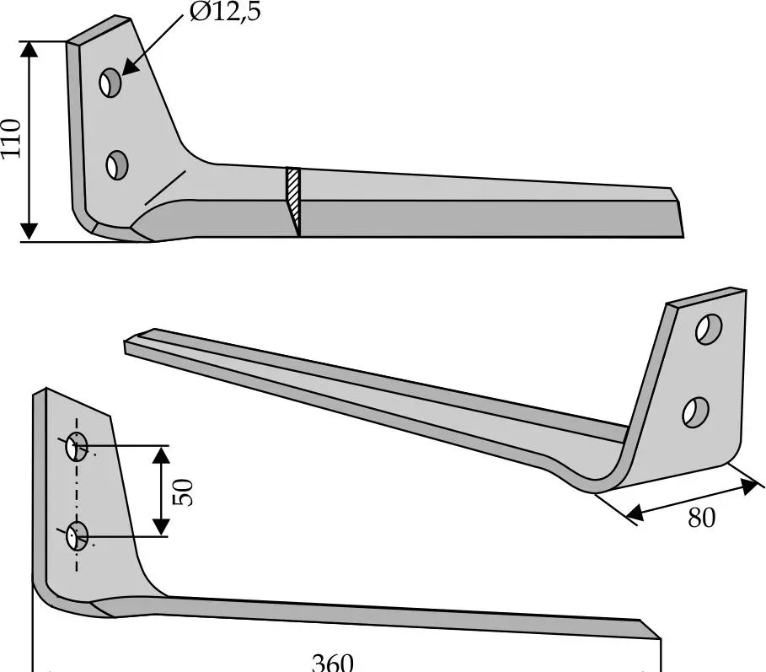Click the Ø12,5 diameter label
[224, 13]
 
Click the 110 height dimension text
[11, 140]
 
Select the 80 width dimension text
[701, 517]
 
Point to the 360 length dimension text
[332, 662]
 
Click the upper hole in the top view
[110, 83]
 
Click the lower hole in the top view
[116, 164]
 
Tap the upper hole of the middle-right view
[710, 330]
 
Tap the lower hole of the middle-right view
[696, 411]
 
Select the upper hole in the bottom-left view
[77, 447]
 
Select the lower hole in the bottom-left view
[78, 535]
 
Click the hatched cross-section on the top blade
[294, 201]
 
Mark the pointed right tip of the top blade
[682, 237]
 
